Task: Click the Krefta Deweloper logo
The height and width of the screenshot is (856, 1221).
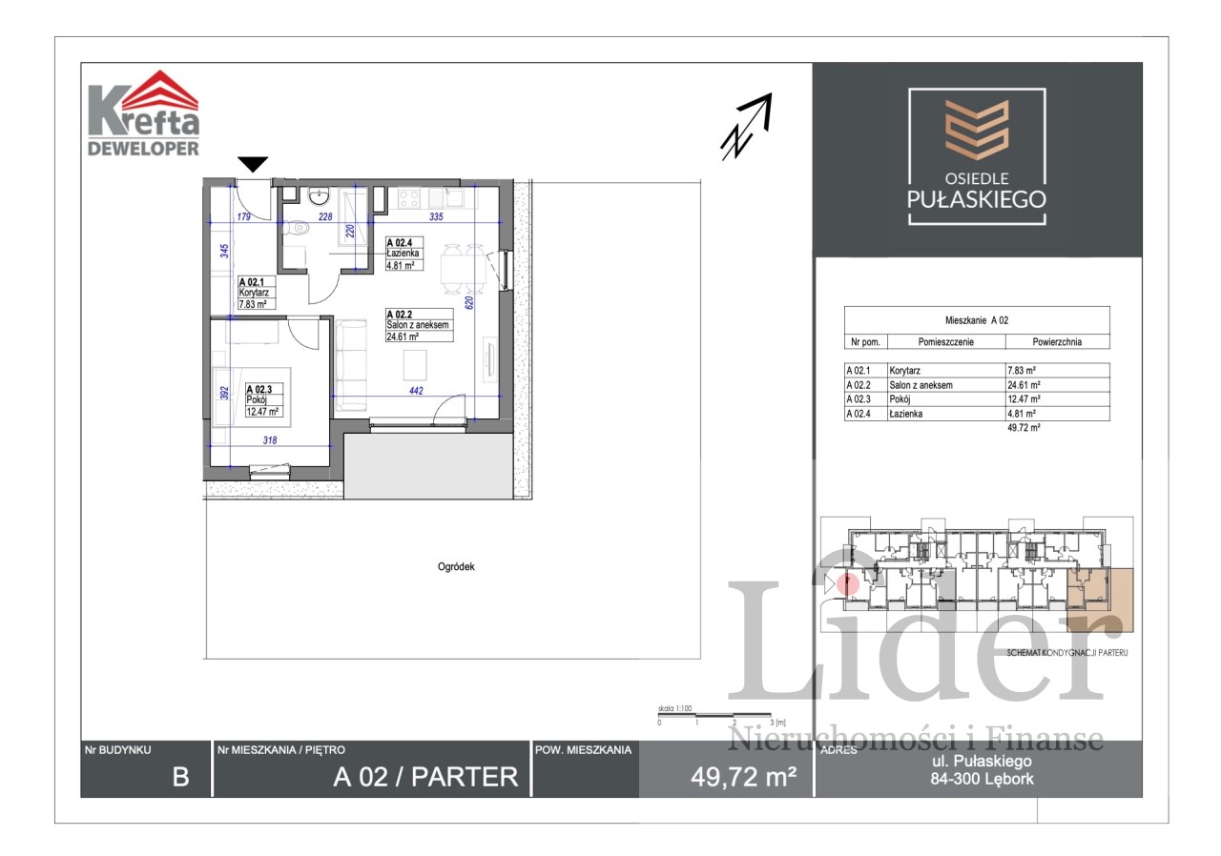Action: (x=143, y=112)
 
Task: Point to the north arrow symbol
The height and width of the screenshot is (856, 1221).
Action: (x=746, y=127)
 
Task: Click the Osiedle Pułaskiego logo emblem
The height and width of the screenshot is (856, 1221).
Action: (x=977, y=130)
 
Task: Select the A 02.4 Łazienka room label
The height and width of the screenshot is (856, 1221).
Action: (x=404, y=254)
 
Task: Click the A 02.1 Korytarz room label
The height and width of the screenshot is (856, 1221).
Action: (x=257, y=293)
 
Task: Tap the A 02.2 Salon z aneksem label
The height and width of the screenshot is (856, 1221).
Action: (x=419, y=325)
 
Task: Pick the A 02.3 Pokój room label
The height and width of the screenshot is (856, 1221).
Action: (x=264, y=400)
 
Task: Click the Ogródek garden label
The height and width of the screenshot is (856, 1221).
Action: (x=456, y=567)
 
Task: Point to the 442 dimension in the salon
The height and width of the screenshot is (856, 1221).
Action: (x=416, y=391)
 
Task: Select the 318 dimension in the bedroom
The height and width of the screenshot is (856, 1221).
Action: (x=270, y=440)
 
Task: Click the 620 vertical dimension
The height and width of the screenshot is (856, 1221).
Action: (x=469, y=302)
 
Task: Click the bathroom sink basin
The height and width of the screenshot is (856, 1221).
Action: (x=318, y=196)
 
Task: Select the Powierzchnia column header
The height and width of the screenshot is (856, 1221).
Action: (x=1057, y=342)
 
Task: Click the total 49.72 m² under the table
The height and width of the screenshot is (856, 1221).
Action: (x=1024, y=427)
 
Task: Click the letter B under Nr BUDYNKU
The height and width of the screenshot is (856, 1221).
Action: (x=181, y=777)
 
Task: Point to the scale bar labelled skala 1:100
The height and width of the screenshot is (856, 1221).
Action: (x=714, y=715)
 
